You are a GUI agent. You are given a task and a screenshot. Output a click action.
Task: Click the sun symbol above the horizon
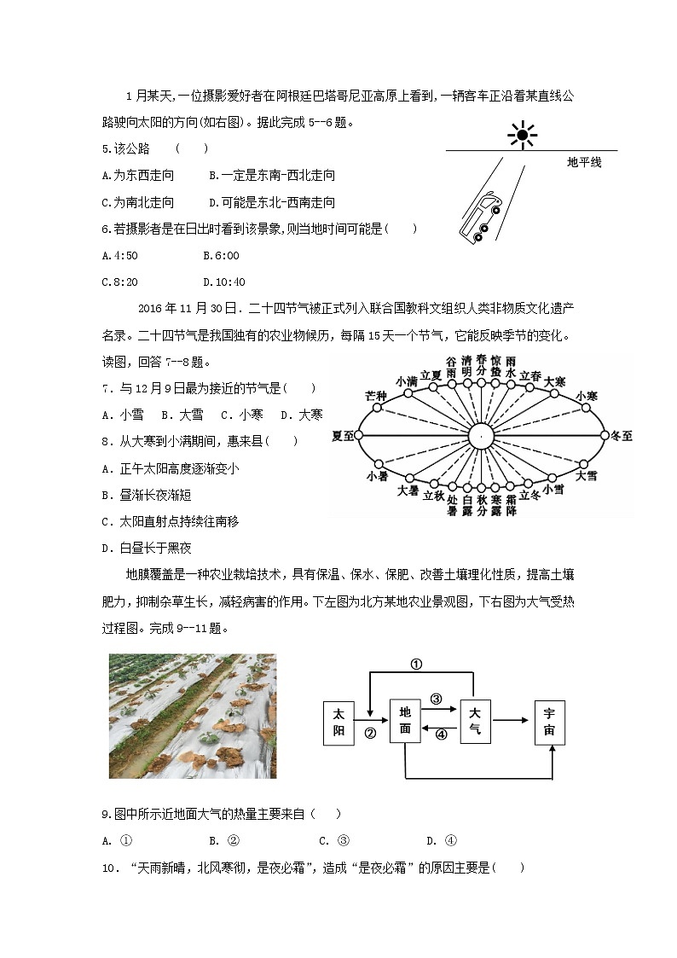tap(522, 135)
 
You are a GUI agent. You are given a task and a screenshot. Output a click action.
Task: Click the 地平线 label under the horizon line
tap(584, 162)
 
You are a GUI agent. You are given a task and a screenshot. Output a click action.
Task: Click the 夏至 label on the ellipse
tap(343, 436)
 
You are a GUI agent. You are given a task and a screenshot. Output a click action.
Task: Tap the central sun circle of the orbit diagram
tap(480, 436)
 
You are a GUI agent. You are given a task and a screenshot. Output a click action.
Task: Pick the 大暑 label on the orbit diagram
tap(408, 491)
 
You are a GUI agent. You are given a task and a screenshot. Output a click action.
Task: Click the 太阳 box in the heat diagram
tap(338, 722)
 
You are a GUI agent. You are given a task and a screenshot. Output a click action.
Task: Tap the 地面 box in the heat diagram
tap(405, 722)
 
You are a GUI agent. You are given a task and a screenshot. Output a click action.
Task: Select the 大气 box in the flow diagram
tap(475, 722)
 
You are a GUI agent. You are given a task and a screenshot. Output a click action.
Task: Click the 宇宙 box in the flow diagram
tap(550, 722)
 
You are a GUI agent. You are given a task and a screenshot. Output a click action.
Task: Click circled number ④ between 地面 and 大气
tap(441, 734)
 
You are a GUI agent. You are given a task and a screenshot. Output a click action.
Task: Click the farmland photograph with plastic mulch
tap(193, 716)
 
